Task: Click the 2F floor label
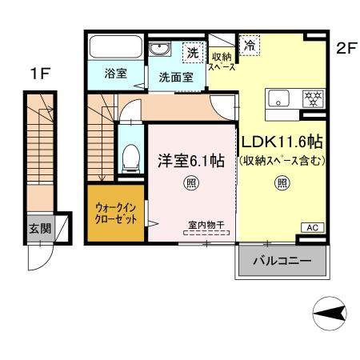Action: click(x=345, y=47)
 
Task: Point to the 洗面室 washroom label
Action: click(x=174, y=78)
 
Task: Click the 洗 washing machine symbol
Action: click(x=193, y=52)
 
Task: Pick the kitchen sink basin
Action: click(x=279, y=98)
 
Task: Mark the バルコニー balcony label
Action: click(x=282, y=261)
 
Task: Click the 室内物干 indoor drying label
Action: click(x=207, y=225)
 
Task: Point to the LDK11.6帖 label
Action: click(x=283, y=142)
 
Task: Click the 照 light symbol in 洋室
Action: click(x=192, y=183)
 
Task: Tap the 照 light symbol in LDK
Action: click(x=282, y=183)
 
